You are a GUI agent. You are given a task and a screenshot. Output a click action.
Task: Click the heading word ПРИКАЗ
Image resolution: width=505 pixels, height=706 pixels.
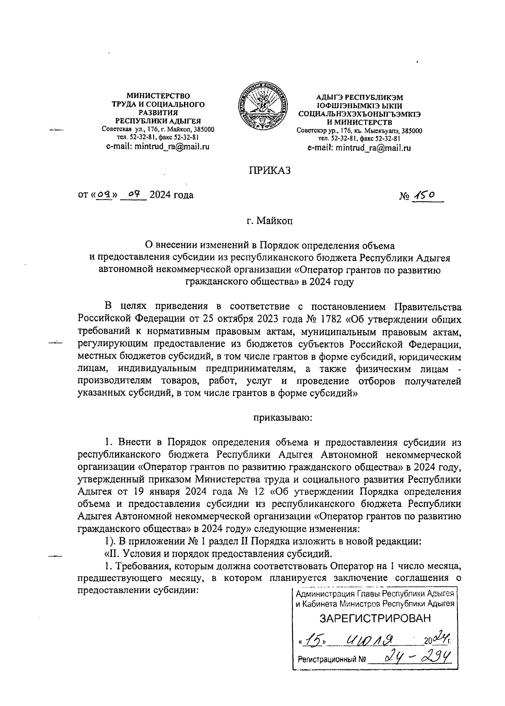point(270,171)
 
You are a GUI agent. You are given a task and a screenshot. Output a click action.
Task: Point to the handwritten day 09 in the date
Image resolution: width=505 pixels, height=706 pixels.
point(104,195)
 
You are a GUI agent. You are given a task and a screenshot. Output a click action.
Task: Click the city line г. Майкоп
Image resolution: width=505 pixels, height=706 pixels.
point(269,220)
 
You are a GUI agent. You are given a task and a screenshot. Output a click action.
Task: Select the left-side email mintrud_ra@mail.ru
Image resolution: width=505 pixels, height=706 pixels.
point(157,147)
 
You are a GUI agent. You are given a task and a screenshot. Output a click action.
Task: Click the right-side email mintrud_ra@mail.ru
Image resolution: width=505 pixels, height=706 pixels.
point(359,148)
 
